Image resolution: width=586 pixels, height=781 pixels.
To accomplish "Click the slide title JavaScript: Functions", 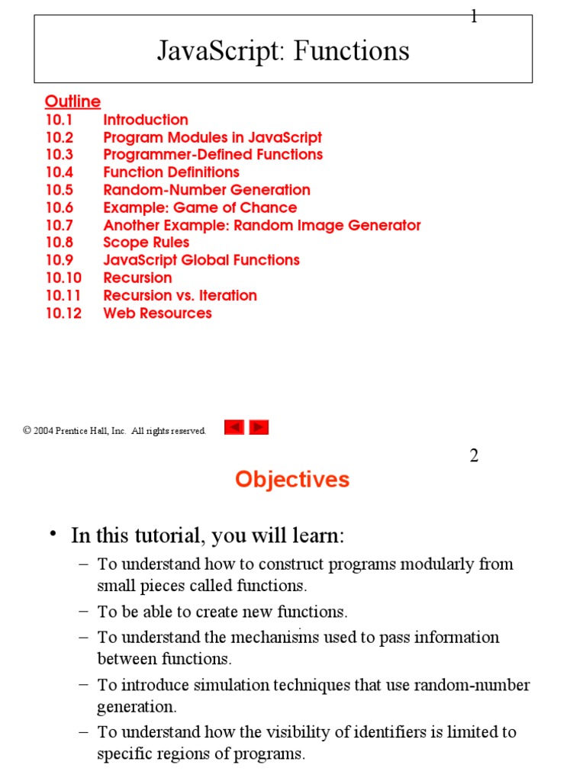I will click(x=283, y=51).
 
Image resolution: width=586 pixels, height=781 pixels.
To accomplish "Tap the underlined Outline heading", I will click(x=72, y=101).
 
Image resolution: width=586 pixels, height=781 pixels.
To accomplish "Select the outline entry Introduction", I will click(x=146, y=120).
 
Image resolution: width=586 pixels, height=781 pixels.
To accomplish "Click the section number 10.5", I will click(x=60, y=190).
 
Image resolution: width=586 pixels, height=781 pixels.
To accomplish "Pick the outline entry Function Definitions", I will click(x=171, y=172).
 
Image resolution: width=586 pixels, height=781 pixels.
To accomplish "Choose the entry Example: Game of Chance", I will click(x=200, y=207).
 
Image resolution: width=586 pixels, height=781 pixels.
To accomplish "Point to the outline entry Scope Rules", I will click(x=146, y=243).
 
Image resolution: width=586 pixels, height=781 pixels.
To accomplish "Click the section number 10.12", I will click(x=63, y=313).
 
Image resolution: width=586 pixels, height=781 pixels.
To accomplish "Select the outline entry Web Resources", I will click(x=157, y=313).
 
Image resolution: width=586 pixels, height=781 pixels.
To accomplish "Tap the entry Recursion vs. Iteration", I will click(x=180, y=295).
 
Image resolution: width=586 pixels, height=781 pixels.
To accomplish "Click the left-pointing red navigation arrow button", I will click(x=234, y=428).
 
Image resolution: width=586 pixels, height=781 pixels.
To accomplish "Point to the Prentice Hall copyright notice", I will click(x=114, y=431).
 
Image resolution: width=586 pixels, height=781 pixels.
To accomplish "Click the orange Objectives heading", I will click(x=292, y=480).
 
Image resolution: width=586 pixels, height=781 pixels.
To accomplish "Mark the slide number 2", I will click(x=474, y=456).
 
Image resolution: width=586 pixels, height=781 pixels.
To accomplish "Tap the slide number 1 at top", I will click(x=474, y=17).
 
